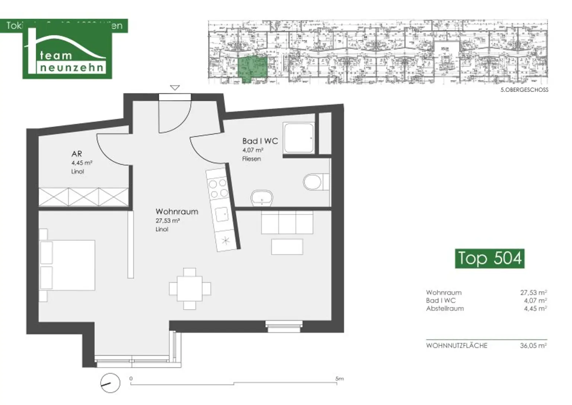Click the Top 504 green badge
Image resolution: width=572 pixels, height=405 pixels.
(489, 258)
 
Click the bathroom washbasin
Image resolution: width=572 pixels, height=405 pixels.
(262, 197)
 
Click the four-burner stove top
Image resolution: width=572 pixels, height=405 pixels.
(218, 188)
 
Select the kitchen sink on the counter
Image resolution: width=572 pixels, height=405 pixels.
(222, 214)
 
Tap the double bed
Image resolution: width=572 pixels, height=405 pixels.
(67, 265)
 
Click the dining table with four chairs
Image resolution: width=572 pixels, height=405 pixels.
(190, 288)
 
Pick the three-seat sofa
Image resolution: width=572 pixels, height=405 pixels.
(287, 222)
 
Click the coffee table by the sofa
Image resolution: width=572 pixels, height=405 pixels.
(287, 247)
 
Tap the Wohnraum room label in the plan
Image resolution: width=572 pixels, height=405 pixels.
(177, 212)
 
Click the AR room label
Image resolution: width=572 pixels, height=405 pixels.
(77, 154)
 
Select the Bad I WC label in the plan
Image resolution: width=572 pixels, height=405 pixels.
(260, 141)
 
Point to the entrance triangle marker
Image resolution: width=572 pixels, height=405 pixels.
(175, 88)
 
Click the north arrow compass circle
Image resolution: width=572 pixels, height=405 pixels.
(110, 383)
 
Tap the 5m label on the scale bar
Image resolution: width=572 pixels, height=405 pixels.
(339, 379)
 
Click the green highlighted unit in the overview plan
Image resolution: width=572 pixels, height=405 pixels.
(252, 69)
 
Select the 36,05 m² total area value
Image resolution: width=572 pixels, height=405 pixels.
(533, 345)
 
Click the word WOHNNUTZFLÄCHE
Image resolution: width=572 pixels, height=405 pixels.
(457, 345)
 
